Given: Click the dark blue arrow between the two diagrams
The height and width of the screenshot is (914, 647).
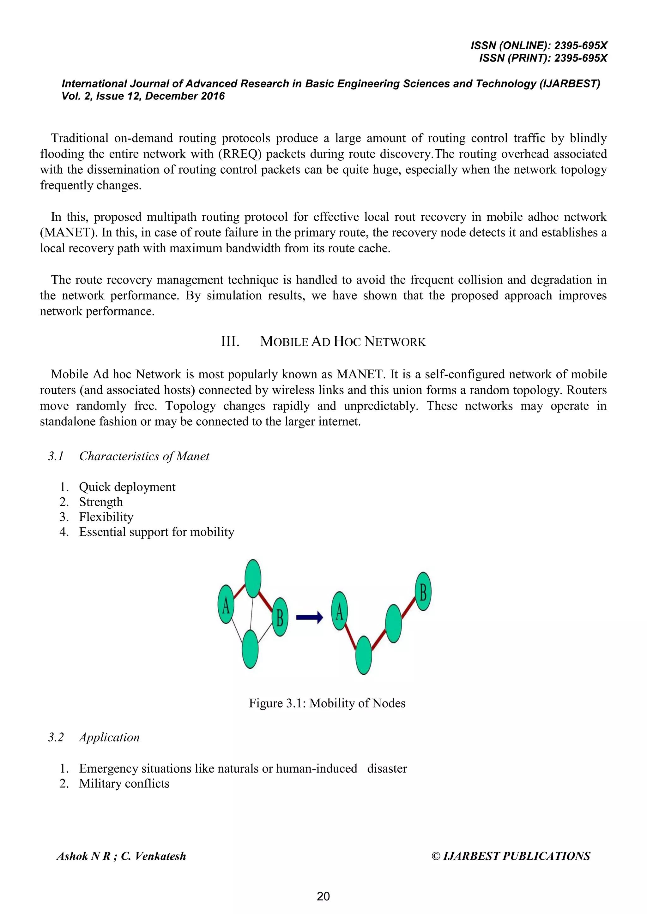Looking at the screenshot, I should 309,618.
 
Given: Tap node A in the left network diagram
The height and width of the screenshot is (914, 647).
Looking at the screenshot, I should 226,604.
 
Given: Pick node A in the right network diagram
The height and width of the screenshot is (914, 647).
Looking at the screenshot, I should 339,611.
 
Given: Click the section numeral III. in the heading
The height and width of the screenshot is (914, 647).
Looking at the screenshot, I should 230,342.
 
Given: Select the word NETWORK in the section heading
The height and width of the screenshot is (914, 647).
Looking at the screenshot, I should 395,342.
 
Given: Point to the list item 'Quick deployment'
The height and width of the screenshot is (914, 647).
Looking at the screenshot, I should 127,487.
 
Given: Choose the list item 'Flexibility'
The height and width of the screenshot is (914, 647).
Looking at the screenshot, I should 106,517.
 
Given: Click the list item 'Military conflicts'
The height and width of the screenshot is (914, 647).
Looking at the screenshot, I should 124,783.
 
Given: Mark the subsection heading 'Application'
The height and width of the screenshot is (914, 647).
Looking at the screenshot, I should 109,737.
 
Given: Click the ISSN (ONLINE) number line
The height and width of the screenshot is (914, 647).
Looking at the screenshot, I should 539,45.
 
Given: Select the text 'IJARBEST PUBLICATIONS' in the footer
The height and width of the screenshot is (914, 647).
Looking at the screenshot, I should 516,856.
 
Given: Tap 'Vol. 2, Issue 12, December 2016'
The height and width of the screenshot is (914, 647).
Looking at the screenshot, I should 143,96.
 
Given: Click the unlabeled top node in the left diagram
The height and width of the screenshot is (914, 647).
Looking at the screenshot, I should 253,578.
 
